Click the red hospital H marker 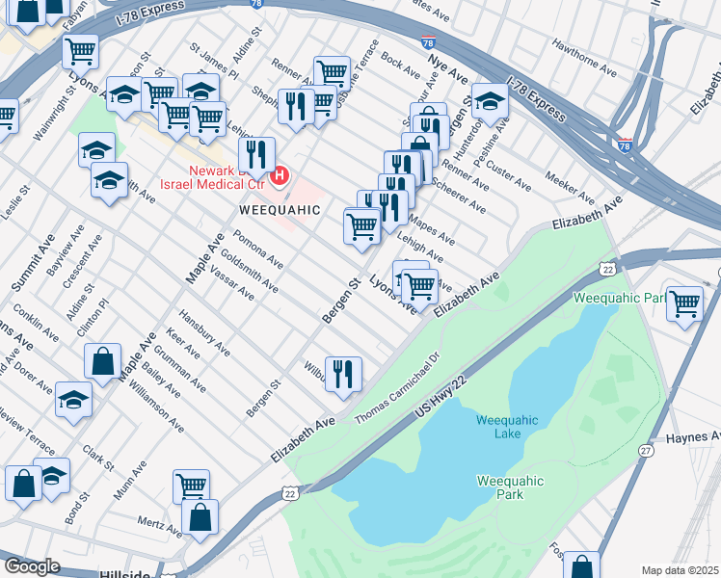pyautogui.click(x=280, y=175)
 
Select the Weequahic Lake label pyautogui.click(x=498, y=426)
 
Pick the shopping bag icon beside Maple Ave pyautogui.click(x=102, y=362)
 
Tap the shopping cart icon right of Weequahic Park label pyautogui.click(x=684, y=303)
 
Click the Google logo pyautogui.click(x=32, y=566)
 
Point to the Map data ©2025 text pyautogui.click(x=681, y=570)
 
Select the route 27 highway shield pyautogui.click(x=646, y=450)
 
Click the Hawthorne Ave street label pyautogui.click(x=584, y=58)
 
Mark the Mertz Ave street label pyautogui.click(x=159, y=529)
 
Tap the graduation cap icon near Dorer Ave pyautogui.click(x=74, y=400)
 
